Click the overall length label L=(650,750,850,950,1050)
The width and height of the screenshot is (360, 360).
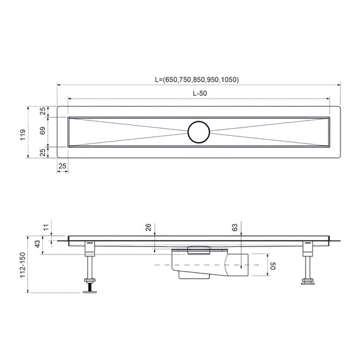[x=196, y=80]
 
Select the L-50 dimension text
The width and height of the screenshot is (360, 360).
[x=199, y=93]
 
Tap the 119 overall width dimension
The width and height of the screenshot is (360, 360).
[x=23, y=134]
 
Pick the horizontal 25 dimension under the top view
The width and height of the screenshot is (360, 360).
[x=62, y=166]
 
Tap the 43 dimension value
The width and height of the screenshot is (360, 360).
[x=37, y=244]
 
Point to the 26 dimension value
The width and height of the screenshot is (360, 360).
[x=148, y=227]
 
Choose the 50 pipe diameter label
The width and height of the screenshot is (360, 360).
[x=273, y=267]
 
